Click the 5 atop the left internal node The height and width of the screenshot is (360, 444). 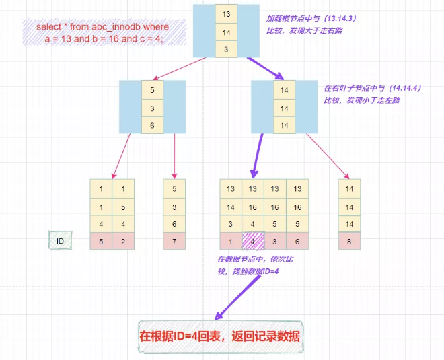point(152,89)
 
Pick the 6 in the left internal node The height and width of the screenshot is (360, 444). point(152,124)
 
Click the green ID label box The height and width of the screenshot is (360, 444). point(60,240)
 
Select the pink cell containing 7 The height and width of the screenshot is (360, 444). point(175,240)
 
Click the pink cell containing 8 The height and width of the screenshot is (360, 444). point(349,240)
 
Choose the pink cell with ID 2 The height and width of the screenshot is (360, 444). point(123,240)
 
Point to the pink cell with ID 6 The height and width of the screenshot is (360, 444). point(297,240)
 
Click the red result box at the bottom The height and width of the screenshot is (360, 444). point(219,336)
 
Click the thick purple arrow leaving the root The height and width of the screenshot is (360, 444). point(266,67)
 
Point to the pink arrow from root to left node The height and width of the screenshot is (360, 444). point(182,68)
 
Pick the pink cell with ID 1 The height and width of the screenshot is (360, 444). point(231,240)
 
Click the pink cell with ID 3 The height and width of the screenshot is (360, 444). point(274,240)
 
